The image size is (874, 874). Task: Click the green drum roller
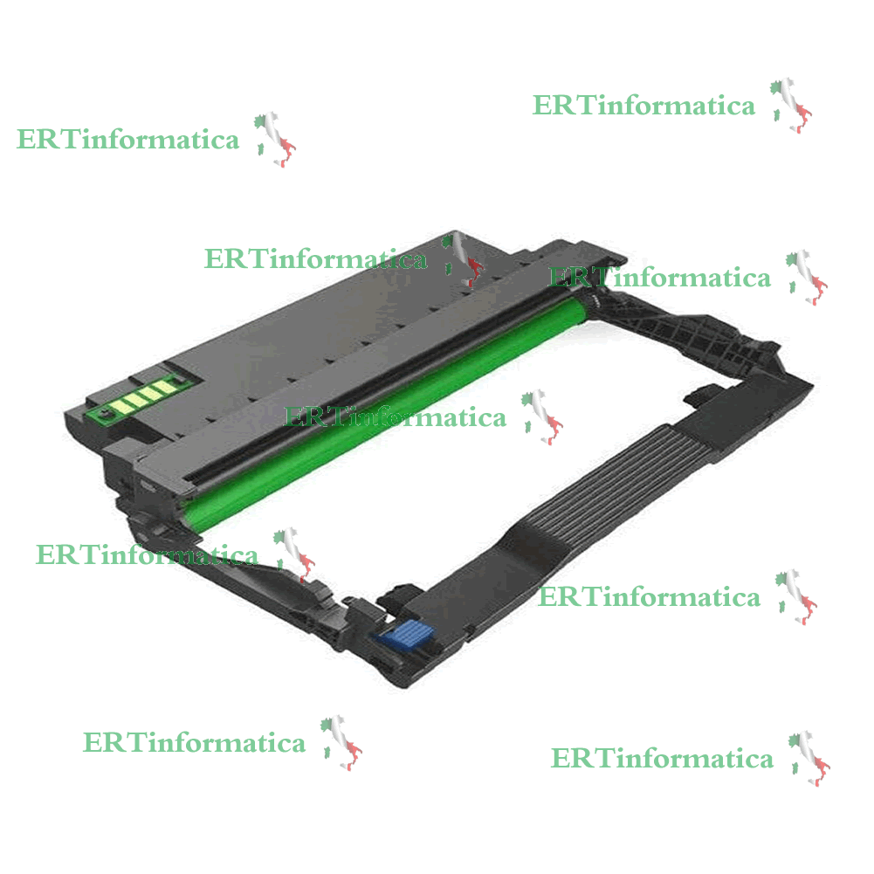pyautogui.click(x=384, y=412)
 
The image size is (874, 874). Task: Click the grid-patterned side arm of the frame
pyautogui.click(x=685, y=329)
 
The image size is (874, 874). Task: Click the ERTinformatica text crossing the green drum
pyautogui.click(x=395, y=417)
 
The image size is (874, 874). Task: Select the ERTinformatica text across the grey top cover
pyautogui.click(x=315, y=259)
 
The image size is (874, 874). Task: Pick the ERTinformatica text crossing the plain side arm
pyautogui.click(x=148, y=555)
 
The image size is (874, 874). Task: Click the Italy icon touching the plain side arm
pyautogui.click(x=293, y=554)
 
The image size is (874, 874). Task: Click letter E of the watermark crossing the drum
pyautogui.click(x=293, y=417)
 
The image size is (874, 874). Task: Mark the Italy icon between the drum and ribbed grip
pyautogui.click(x=542, y=417)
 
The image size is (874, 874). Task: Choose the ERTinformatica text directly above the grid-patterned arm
pyautogui.click(x=660, y=278)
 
